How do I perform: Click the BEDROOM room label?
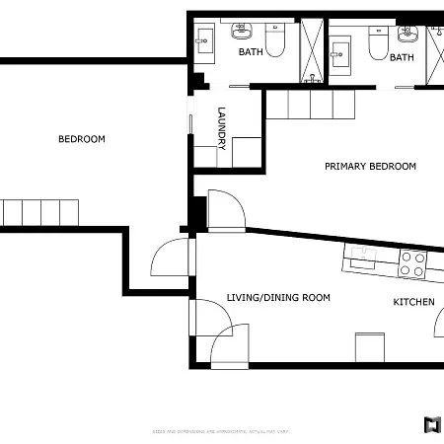81,139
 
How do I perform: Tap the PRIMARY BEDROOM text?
370,167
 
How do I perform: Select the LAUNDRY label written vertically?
223,127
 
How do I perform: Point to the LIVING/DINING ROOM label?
278,297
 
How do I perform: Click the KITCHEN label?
413,302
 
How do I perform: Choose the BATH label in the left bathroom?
251,52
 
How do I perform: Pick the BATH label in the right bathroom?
402,57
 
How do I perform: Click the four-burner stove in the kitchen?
412,263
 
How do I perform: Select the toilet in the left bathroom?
276,40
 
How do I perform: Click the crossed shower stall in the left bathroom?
311,49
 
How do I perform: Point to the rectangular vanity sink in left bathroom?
206,40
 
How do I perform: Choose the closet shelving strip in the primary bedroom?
310,104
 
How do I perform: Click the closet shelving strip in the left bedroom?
39,212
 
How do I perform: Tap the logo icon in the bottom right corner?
431,425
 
